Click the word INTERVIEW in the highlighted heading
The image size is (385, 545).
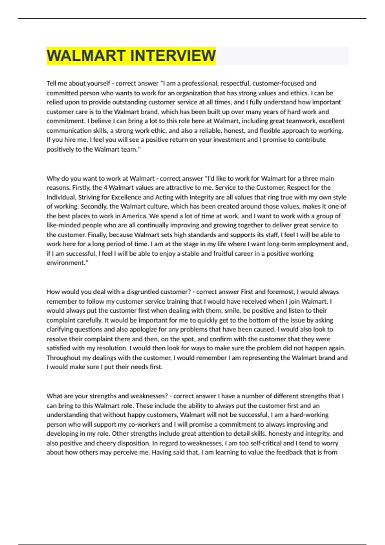(173, 55)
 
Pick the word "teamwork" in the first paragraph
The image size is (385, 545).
(297, 121)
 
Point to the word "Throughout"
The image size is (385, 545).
(63, 358)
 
